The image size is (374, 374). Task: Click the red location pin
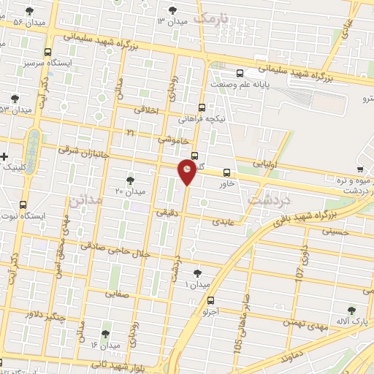pos(187,172)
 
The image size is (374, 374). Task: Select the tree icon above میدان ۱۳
pos(172,10)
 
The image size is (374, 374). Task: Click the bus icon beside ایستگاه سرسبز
pos(47,52)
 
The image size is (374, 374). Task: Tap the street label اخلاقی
pos(148,110)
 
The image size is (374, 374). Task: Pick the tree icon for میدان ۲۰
pos(130,179)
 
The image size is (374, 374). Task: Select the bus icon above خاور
pos(226,173)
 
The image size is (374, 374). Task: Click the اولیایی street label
pos(264,165)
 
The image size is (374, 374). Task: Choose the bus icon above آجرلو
pos(210,299)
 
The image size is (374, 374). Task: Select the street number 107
pos(299,272)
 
